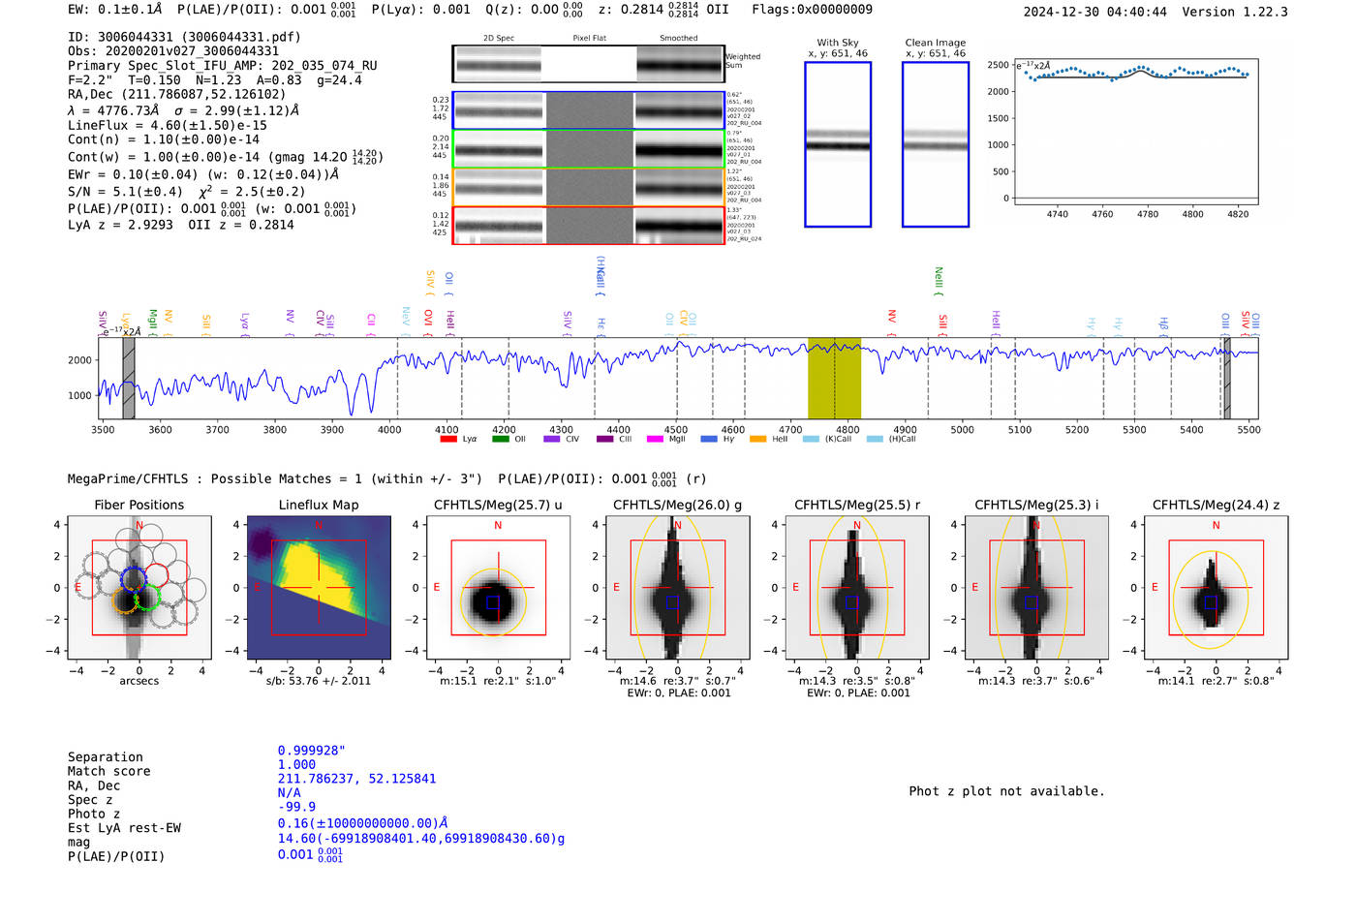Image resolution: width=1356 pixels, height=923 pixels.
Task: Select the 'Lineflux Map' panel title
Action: pos(318,505)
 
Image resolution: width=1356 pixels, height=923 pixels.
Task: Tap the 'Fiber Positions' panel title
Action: pos(139,505)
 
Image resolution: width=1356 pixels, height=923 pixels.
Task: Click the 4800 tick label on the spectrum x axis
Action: pos(847,430)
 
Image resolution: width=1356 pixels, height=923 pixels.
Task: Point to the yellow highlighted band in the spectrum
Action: pos(834,379)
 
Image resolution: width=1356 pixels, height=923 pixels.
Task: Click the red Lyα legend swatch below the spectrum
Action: pos(447,440)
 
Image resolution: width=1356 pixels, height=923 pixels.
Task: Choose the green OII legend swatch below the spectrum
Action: pos(500,440)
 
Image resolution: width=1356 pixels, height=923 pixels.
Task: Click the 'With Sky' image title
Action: pos(838,43)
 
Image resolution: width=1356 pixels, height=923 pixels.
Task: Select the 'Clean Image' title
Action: pos(935,43)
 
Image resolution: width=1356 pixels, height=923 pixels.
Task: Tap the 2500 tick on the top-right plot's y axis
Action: pos(998,65)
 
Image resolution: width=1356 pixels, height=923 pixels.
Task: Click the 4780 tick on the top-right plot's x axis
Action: pos(1148,214)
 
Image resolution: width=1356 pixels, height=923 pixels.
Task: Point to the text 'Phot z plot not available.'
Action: pos(1006,791)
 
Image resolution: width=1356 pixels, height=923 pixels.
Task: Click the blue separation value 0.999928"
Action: pos(311,751)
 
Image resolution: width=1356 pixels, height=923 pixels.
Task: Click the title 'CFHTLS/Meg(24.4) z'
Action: pos(1216,505)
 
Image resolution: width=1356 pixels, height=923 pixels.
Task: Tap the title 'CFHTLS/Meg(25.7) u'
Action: pos(498,505)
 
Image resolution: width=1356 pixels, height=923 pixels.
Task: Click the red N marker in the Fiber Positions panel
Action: pos(139,526)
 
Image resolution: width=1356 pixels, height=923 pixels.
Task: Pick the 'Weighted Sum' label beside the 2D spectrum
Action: pos(742,61)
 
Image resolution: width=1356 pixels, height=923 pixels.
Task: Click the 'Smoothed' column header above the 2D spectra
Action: pos(678,39)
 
